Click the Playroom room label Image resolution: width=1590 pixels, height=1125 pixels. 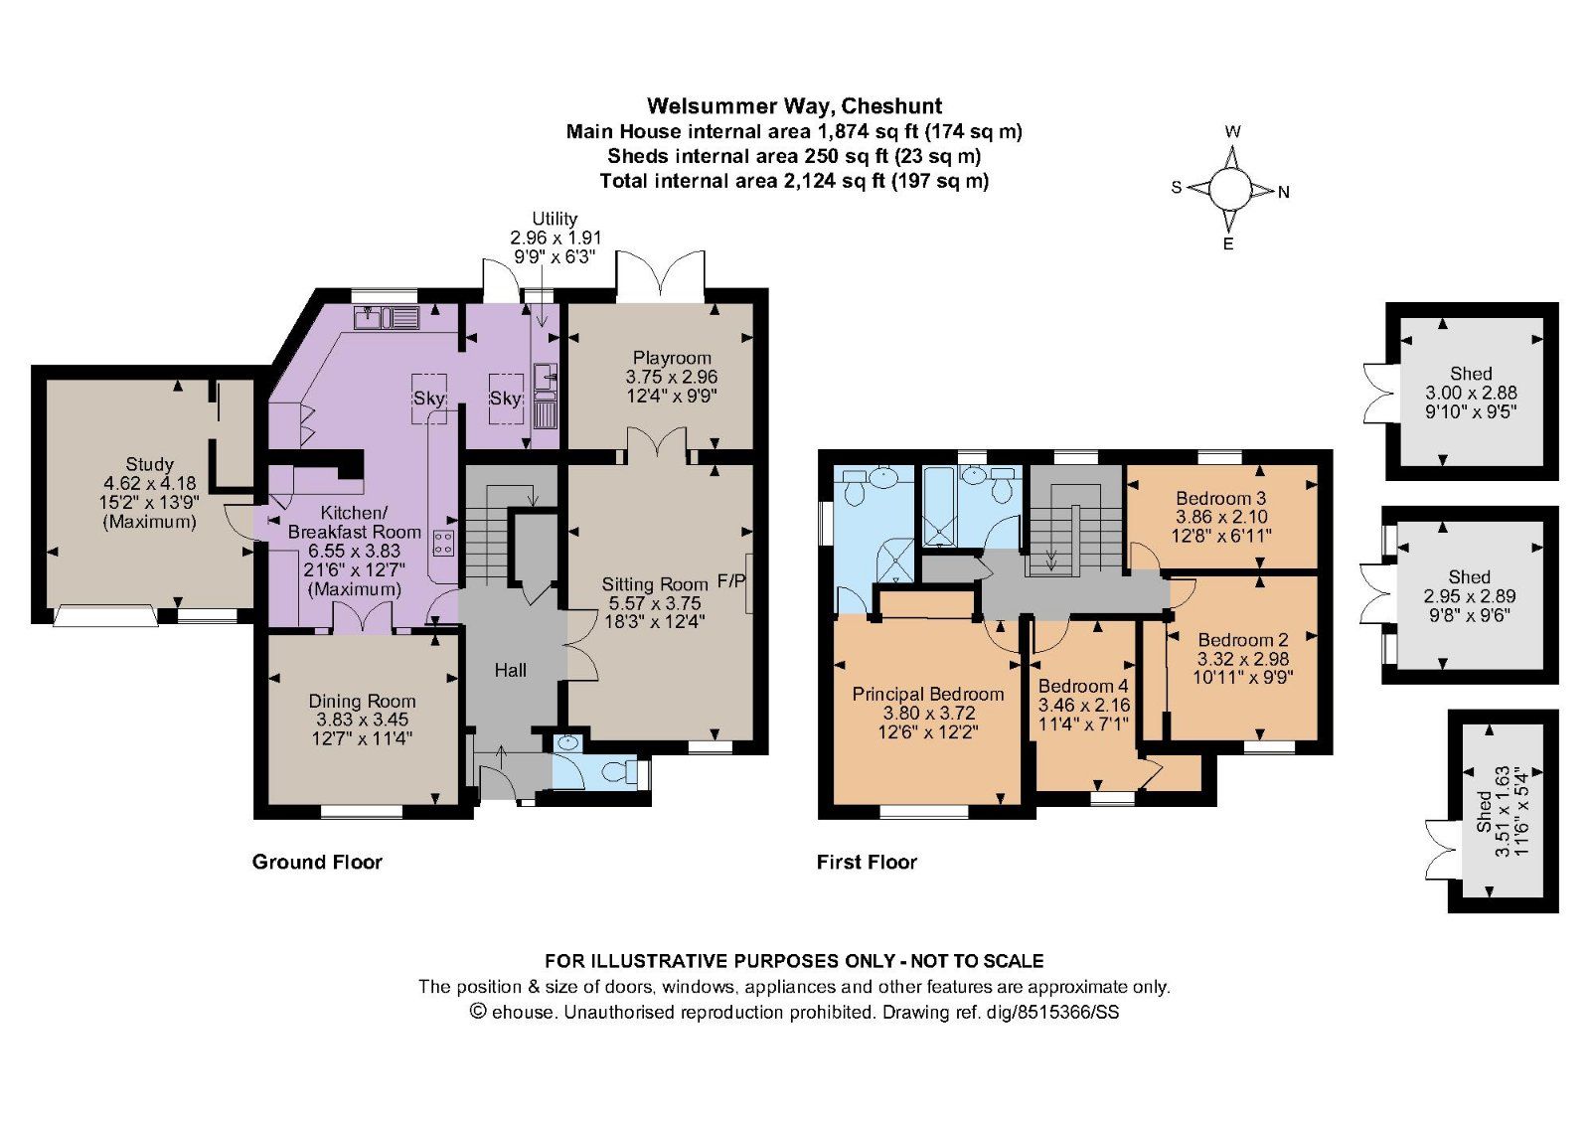click(672, 358)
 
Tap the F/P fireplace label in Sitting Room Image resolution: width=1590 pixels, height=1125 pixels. click(730, 580)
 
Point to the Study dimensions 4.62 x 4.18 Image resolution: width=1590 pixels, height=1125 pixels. click(149, 483)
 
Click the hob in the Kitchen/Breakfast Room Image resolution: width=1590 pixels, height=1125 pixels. click(443, 542)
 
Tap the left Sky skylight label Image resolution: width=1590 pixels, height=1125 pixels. click(429, 398)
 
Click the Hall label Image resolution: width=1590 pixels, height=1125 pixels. click(511, 671)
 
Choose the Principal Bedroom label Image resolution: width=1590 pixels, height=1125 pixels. click(928, 695)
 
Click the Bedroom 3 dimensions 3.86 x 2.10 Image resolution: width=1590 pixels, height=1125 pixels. click(1221, 517)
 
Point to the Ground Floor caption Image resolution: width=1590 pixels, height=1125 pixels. click(317, 862)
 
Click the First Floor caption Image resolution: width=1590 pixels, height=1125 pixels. click(867, 862)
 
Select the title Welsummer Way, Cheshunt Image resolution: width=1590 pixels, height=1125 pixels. click(794, 105)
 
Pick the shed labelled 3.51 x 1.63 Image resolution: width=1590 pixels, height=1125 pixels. click(1502, 812)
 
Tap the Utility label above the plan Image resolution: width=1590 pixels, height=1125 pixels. click(555, 219)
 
